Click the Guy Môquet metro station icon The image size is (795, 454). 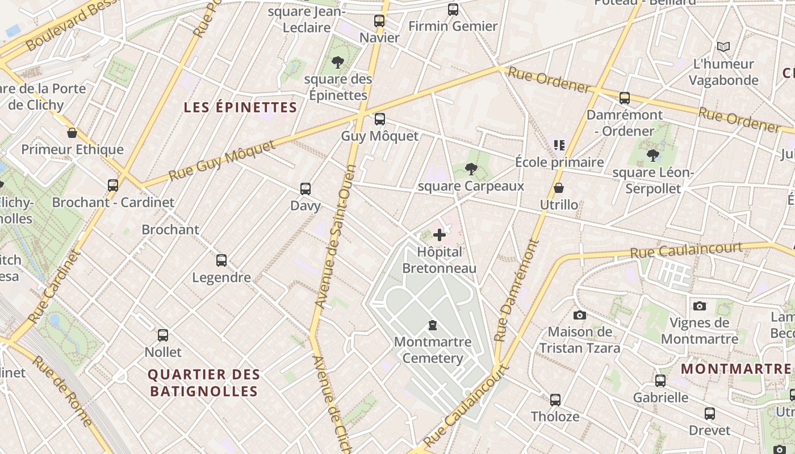(380, 119)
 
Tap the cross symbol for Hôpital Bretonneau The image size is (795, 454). (439, 234)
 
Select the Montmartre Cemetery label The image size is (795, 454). (433, 350)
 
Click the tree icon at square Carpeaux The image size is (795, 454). (471, 169)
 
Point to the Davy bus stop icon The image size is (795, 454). (306, 189)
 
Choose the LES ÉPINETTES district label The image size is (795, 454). (241, 107)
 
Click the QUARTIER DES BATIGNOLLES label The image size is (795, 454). (204, 382)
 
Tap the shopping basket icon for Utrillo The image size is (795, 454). (559, 188)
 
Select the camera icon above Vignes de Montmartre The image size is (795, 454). (700, 306)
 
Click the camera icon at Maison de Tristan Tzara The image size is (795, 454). (579, 315)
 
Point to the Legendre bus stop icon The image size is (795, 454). (221, 260)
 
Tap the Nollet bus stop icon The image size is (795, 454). (163, 335)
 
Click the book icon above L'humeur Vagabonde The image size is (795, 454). (723, 47)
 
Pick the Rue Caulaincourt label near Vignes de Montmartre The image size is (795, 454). (686, 250)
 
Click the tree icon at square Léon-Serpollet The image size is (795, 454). (653, 155)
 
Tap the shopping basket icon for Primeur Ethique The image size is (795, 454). (72, 133)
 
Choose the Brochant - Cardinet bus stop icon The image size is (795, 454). (113, 185)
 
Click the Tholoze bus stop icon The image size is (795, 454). (555, 400)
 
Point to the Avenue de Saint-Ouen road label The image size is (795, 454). (336, 237)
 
